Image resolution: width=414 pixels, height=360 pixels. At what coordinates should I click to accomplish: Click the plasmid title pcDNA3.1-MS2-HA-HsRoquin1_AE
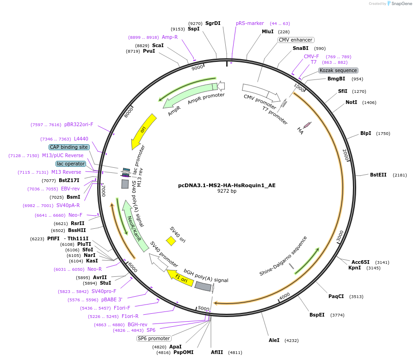[x=227, y=185]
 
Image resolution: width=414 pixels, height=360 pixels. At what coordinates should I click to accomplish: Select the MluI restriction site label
[x=268, y=31]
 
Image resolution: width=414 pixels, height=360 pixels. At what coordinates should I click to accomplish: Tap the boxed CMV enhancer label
[x=296, y=40]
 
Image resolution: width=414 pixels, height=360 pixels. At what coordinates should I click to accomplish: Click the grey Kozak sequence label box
[x=338, y=70]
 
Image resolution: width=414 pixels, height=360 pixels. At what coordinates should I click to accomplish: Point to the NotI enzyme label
[x=351, y=102]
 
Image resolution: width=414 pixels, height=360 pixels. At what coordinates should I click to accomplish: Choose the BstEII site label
[x=378, y=175]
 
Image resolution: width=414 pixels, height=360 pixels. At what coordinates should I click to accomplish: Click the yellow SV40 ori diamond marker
[x=171, y=241]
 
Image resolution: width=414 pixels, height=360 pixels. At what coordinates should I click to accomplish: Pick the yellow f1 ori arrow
[x=179, y=278]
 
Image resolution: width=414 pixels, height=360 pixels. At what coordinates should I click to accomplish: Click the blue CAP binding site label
[x=69, y=147]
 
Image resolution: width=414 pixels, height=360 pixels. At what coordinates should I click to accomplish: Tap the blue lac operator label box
[x=71, y=164]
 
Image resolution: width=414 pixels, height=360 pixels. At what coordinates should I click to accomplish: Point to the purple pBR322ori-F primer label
[x=79, y=124]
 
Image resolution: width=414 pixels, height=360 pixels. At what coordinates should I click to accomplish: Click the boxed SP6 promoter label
[x=154, y=339]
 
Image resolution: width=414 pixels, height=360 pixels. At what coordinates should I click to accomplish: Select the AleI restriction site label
[x=274, y=340]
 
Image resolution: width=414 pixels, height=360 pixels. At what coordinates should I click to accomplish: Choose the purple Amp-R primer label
[x=169, y=37]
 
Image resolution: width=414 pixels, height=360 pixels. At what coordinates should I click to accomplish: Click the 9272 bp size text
[x=227, y=191]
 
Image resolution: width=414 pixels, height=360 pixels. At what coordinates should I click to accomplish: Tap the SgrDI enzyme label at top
[x=213, y=23]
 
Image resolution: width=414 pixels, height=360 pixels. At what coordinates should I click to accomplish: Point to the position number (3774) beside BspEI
[x=337, y=315]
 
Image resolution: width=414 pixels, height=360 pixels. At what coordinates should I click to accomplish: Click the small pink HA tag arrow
[x=307, y=125]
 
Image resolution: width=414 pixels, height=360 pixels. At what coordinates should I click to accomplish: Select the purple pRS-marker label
[x=250, y=23]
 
